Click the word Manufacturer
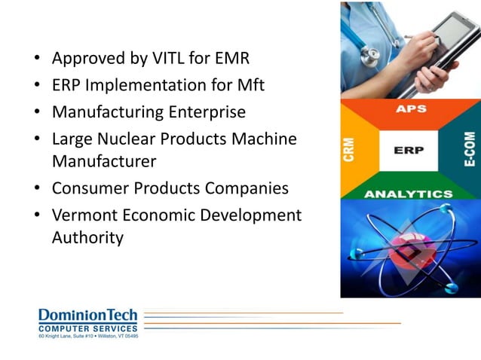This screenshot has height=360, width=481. (x=104, y=160)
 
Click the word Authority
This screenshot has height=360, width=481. (x=87, y=237)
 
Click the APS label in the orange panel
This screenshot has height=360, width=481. (x=411, y=109)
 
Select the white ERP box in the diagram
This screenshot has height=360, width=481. (x=409, y=151)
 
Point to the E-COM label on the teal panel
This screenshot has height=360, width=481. (x=470, y=151)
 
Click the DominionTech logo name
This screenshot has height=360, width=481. (x=88, y=315)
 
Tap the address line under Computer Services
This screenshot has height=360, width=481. (x=88, y=335)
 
